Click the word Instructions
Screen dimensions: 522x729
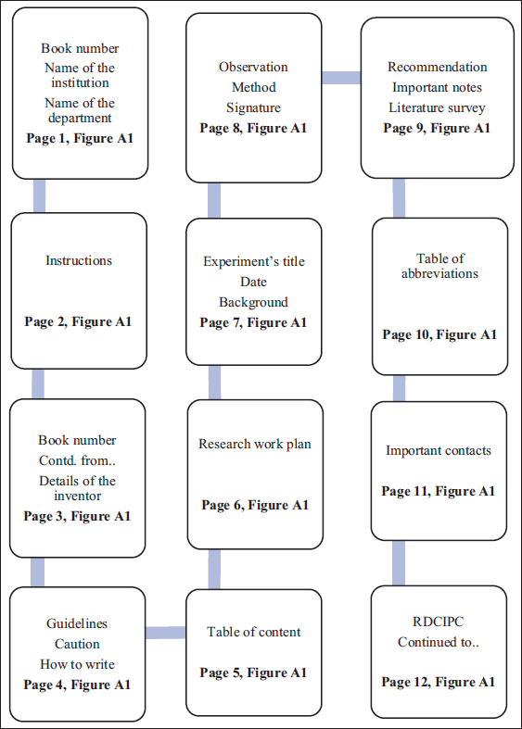tap(79, 260)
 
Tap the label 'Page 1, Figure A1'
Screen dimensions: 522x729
tap(80, 139)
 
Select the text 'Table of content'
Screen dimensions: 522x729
tap(253, 632)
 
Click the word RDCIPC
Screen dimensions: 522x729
tap(439, 622)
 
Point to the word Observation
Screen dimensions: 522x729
tap(253, 67)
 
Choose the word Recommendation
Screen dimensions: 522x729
tap(438, 67)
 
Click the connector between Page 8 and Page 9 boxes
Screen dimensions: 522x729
tap(341, 78)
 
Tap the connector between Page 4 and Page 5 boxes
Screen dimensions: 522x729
tap(165, 633)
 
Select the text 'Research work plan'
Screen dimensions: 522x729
tap(255, 444)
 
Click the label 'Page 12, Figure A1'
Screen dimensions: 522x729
tap(439, 682)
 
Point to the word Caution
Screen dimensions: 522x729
tap(77, 644)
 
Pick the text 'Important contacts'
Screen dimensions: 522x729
tap(439, 450)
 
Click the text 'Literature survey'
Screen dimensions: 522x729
tap(438, 107)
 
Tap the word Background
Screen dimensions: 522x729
tap(253, 302)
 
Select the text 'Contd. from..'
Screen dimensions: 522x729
tap(77, 460)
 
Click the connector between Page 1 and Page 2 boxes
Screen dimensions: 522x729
tap(40, 196)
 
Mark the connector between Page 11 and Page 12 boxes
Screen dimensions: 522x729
tap(399, 563)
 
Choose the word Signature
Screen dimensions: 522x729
tap(253, 107)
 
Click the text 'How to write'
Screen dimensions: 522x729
tap(77, 664)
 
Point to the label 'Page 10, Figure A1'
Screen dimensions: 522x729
tap(439, 334)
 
